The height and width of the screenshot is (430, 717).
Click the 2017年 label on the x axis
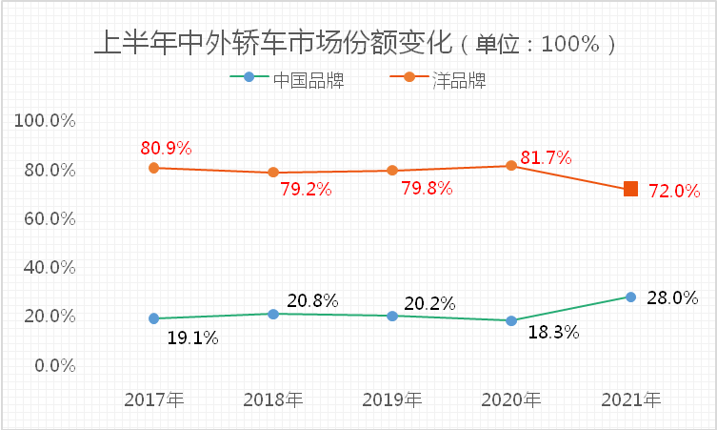point(154,399)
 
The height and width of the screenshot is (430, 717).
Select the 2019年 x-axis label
point(392,399)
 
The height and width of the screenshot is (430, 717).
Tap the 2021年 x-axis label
point(630,399)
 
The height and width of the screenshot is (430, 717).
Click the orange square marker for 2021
point(630,190)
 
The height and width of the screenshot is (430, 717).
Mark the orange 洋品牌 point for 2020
point(511,166)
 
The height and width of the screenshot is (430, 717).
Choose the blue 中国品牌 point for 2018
point(273,314)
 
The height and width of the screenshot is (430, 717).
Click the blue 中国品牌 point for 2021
point(630,297)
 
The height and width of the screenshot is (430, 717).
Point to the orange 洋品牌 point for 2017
point(154,168)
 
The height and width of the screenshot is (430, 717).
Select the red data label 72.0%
point(674,191)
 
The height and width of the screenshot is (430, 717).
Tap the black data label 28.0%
point(672,297)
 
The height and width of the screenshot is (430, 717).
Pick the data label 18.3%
point(553,334)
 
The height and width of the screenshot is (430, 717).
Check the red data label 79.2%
point(306,189)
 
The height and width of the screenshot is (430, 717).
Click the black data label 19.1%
point(193,337)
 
